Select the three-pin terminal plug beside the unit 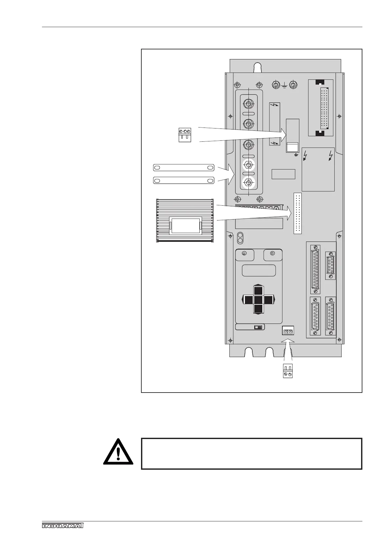pyautogui.click(x=185, y=135)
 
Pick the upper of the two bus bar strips pyautogui.click(x=183, y=168)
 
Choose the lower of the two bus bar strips pyautogui.click(x=183, y=180)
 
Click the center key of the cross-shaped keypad pyautogui.click(x=258, y=300)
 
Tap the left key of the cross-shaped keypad pyautogui.click(x=248, y=300)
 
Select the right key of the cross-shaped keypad pyautogui.click(x=268, y=300)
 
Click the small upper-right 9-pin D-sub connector pyautogui.click(x=330, y=265)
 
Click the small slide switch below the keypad pyautogui.click(x=258, y=327)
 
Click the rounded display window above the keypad pyautogui.click(x=259, y=270)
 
